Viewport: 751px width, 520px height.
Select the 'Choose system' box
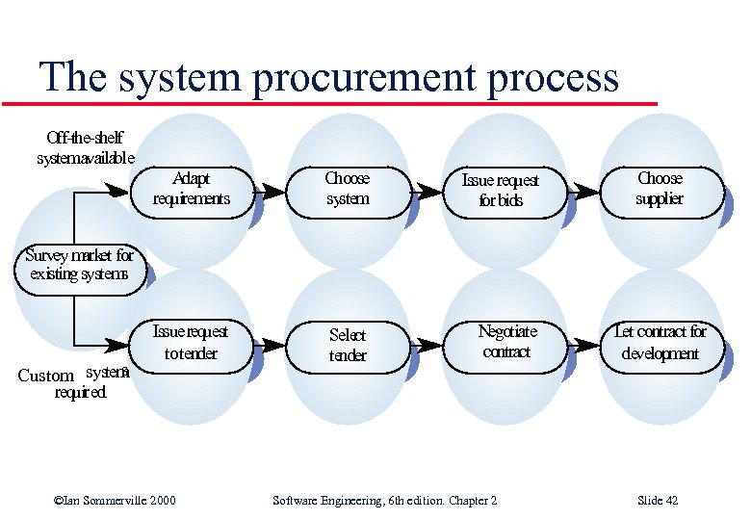click(348, 190)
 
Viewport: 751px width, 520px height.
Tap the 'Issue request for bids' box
click(501, 191)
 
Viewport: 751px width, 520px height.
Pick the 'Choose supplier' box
click(660, 190)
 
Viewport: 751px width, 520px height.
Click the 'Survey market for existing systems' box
click(79, 265)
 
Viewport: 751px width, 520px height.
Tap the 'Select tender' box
click(348, 345)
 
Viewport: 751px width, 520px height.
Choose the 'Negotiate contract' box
click(506, 342)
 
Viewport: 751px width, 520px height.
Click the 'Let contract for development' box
click(660, 343)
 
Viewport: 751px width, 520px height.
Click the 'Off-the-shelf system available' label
click(85, 147)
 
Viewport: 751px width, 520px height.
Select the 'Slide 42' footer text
click(658, 501)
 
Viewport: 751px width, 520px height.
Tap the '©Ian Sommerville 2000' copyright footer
click(115, 501)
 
